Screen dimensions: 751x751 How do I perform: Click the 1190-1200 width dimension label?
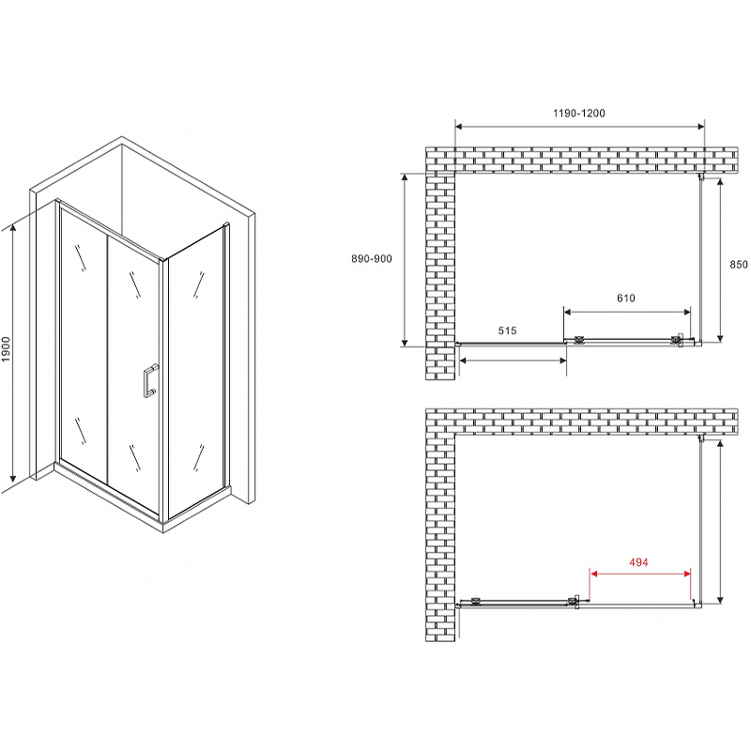578,113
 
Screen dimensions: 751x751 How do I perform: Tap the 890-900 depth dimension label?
372,259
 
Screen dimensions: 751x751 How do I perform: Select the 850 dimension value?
739,265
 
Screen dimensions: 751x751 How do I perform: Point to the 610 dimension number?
625,299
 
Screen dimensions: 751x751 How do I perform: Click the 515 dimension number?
507,330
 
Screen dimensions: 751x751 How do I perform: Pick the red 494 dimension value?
638,561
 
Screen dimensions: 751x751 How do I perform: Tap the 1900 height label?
7,349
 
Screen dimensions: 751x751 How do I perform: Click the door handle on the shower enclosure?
149,382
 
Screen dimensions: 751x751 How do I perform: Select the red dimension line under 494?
640,574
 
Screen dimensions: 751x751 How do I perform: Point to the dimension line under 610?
627,313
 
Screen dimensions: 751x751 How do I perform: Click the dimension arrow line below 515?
513,360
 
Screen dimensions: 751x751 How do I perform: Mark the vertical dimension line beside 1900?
13,354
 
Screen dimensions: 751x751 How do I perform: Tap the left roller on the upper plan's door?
578,340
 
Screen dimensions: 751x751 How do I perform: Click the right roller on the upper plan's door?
677,340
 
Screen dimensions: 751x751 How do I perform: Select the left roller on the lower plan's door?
476,601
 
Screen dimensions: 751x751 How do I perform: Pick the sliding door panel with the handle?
133,373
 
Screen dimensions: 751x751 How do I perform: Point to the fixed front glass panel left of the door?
84,345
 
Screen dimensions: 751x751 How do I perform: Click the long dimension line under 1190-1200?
579,127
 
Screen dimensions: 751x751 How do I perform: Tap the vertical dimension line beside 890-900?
405,260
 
